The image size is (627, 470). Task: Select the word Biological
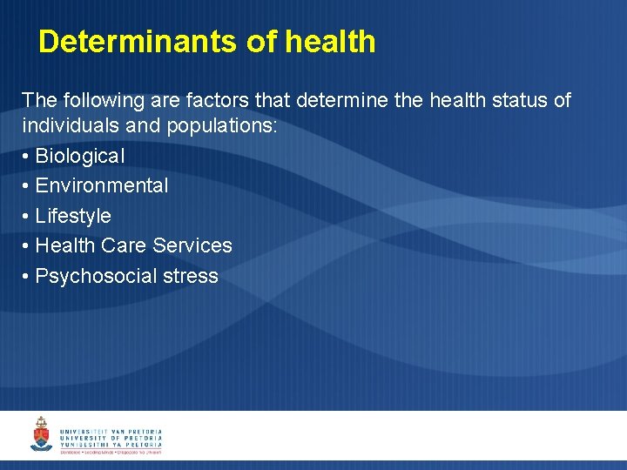pos(80,156)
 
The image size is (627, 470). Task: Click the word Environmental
pos(102,185)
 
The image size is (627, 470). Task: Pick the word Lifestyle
pos(73,216)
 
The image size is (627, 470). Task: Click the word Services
pos(192,245)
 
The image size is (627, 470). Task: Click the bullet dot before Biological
pos(26,157)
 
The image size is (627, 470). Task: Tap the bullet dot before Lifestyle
pos(26,217)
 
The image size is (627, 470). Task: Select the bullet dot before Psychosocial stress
pos(26,277)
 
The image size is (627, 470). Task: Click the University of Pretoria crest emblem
pos(41,434)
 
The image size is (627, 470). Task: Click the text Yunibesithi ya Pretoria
pos(111,444)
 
